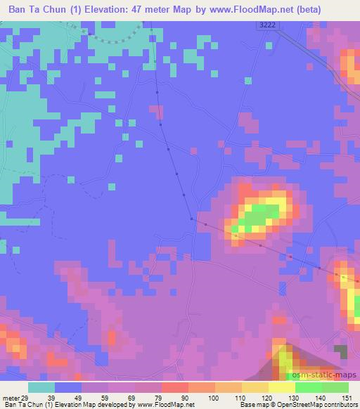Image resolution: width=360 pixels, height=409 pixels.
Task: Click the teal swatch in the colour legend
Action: (41, 387)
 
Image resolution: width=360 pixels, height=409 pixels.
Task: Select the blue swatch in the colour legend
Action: (68, 387)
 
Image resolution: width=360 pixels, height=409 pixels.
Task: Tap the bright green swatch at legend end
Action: (335, 387)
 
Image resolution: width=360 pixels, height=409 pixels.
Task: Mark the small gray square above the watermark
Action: (341, 351)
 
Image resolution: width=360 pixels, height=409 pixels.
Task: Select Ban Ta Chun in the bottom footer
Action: (22, 405)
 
